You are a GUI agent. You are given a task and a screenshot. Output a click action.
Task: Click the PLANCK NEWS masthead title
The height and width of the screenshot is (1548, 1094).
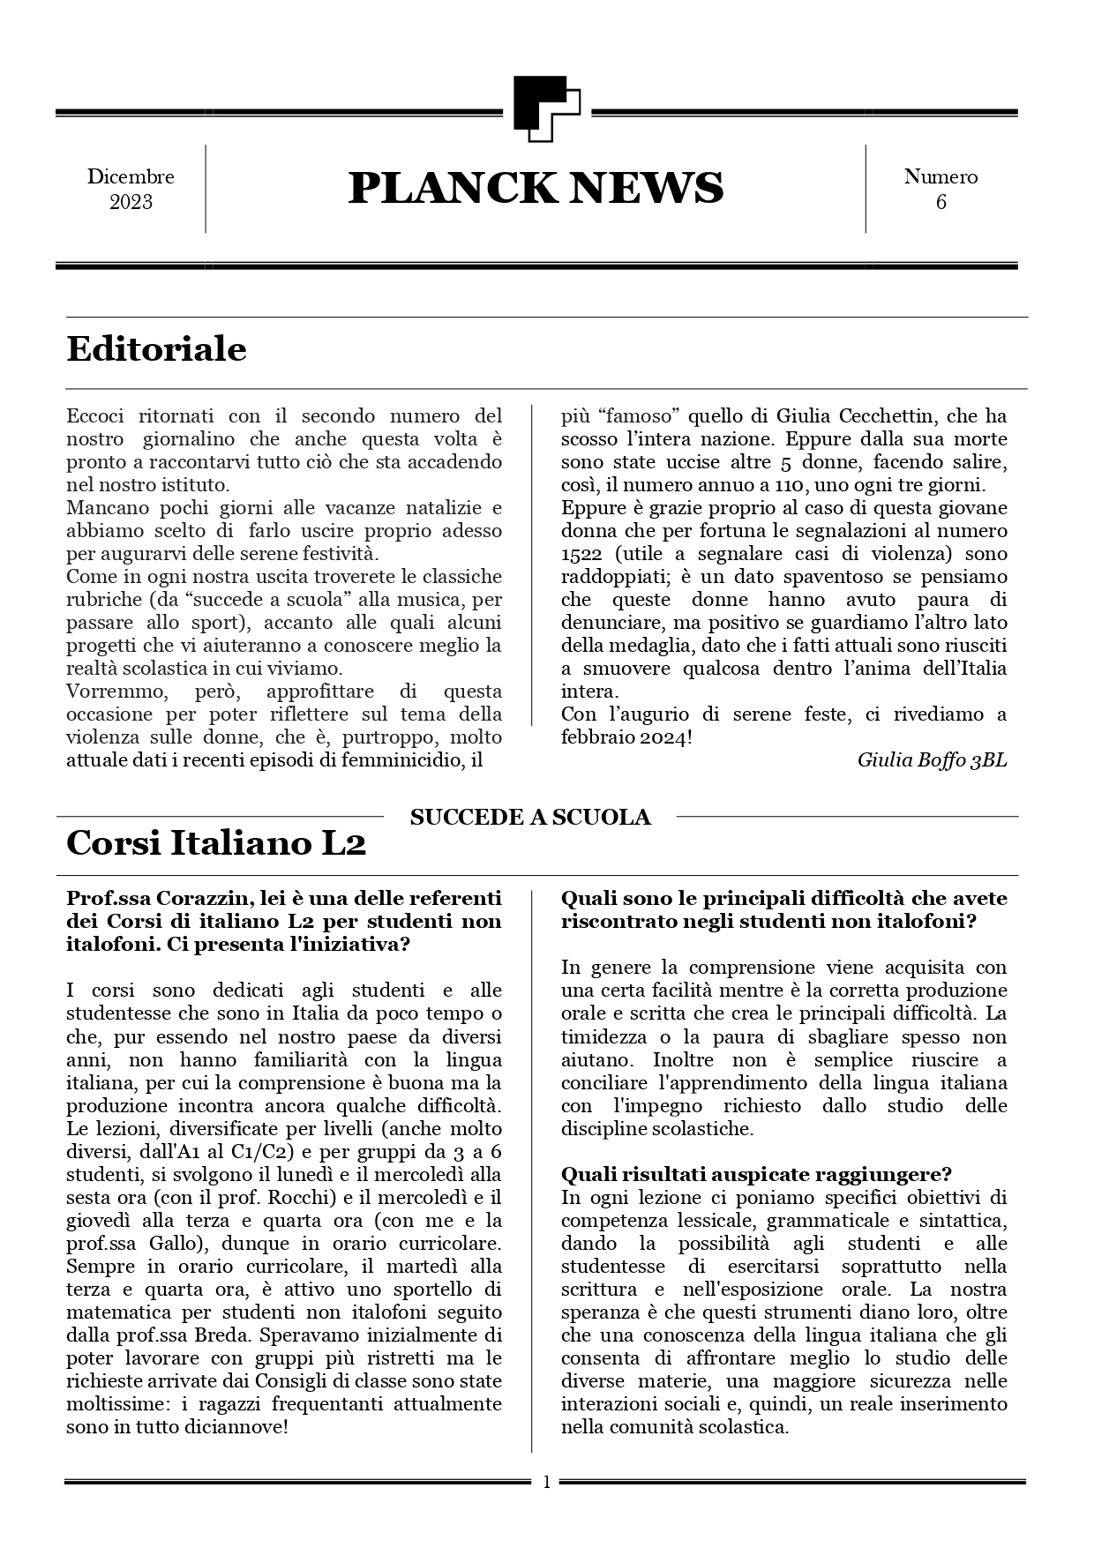pos(536,188)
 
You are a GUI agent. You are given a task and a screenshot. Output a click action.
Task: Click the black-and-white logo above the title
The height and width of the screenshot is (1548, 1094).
pos(546,109)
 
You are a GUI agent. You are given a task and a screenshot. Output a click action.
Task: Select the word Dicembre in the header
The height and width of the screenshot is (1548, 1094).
pos(131,176)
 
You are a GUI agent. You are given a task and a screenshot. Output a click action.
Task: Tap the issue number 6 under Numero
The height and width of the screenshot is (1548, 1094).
pos(940,202)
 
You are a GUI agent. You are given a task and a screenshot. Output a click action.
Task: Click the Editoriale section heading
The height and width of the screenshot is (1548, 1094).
pos(156,349)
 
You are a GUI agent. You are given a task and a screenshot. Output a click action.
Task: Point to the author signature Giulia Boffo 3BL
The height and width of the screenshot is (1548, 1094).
pos(931,760)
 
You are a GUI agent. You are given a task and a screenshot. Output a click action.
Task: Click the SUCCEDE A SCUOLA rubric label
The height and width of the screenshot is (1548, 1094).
pos(530,818)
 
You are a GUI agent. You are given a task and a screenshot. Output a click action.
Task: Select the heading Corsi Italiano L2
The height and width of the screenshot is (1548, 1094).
pos(216,843)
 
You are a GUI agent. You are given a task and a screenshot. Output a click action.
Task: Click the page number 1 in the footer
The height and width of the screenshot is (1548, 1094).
pos(546,1483)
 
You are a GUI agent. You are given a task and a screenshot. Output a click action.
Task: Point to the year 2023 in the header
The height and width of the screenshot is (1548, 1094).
pos(131,202)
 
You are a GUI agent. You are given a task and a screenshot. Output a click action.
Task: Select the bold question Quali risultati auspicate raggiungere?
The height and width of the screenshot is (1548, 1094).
pos(756,1175)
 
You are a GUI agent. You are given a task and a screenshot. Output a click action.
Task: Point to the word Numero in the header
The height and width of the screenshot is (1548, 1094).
pos(940,176)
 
